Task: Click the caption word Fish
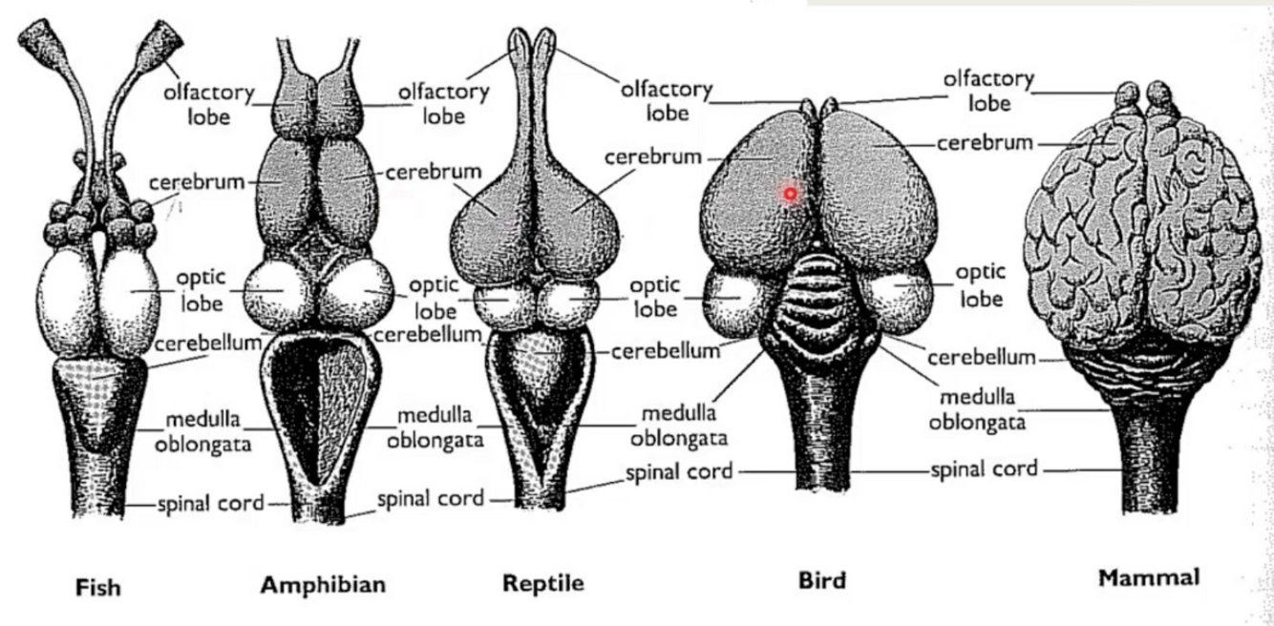(98, 586)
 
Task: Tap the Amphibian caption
(324, 584)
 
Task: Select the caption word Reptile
(543, 582)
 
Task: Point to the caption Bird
(822, 579)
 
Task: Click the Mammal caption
(1149, 577)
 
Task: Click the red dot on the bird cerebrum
(791, 195)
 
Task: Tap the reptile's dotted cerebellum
(543, 363)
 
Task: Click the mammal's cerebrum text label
(985, 143)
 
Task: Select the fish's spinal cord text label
(210, 503)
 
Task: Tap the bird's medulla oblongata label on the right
(976, 408)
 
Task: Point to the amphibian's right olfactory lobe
(339, 110)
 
